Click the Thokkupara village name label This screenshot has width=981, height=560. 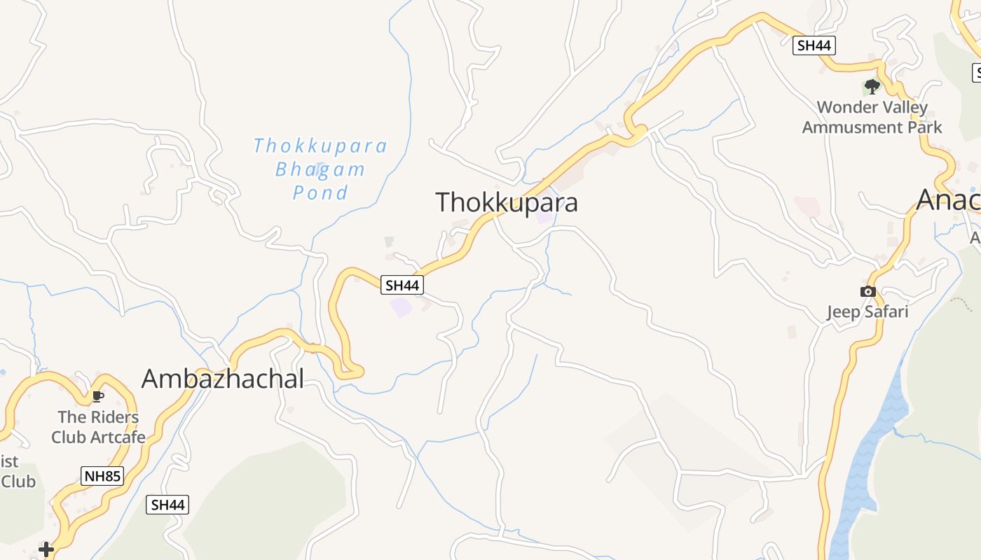[x=507, y=202]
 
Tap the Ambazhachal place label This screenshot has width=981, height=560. [x=223, y=379]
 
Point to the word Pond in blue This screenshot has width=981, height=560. [x=320, y=192]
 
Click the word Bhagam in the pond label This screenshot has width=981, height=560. [x=320, y=169]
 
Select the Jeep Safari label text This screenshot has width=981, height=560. [x=867, y=311]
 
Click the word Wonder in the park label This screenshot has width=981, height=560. [x=845, y=108]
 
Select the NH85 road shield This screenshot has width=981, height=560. [x=102, y=477]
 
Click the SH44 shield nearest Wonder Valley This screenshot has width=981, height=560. [x=814, y=45]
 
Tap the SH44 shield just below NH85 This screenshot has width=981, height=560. [x=167, y=504]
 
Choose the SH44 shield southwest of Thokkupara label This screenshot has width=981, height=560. [x=403, y=285]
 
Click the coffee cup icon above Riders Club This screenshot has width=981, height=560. [x=98, y=397]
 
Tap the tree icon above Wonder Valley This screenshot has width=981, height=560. [x=872, y=87]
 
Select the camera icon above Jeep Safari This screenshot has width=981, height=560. [x=868, y=291]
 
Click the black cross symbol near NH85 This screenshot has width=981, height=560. [x=46, y=549]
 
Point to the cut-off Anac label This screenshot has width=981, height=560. [x=948, y=200]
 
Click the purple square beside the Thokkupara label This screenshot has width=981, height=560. [x=544, y=216]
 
